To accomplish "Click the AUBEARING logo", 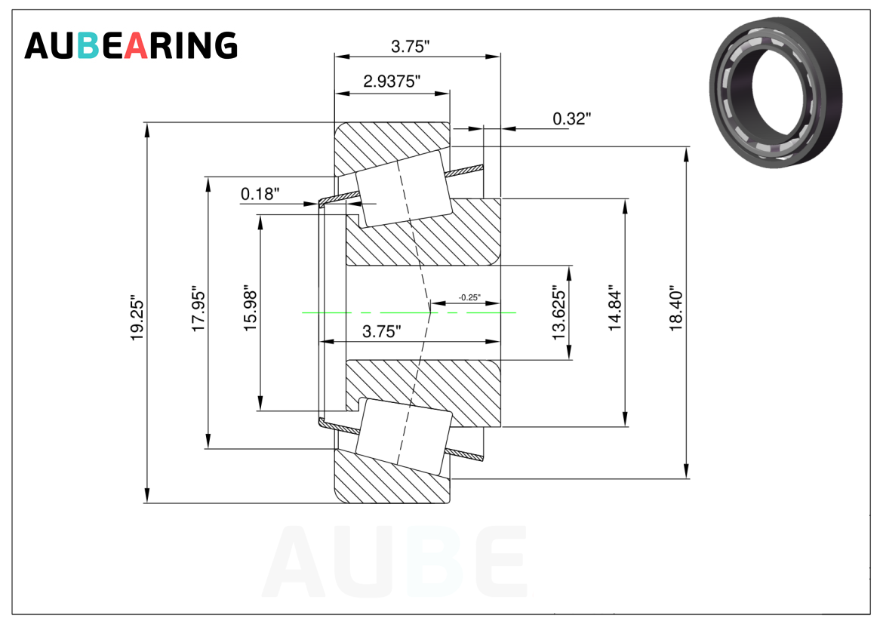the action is pyautogui.click(x=131, y=45).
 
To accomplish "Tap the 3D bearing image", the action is pyautogui.click(x=776, y=92).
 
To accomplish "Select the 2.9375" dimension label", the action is pyautogui.click(x=392, y=81).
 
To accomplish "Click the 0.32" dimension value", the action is pyautogui.click(x=571, y=118).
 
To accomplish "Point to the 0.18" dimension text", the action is pyautogui.click(x=260, y=194).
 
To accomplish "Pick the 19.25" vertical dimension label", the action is pyautogui.click(x=137, y=317).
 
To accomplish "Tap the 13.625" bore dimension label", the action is pyautogui.click(x=558, y=313).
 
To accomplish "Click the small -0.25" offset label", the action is pyautogui.click(x=469, y=297).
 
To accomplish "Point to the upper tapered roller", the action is pyautogui.click(x=404, y=189).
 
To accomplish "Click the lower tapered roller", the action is pyautogui.click(x=404, y=435).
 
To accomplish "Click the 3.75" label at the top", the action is pyautogui.click(x=411, y=46).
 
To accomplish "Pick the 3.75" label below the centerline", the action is pyautogui.click(x=382, y=331).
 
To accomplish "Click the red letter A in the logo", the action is pyautogui.click(x=136, y=45).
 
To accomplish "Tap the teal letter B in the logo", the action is pyautogui.click(x=88, y=45).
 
